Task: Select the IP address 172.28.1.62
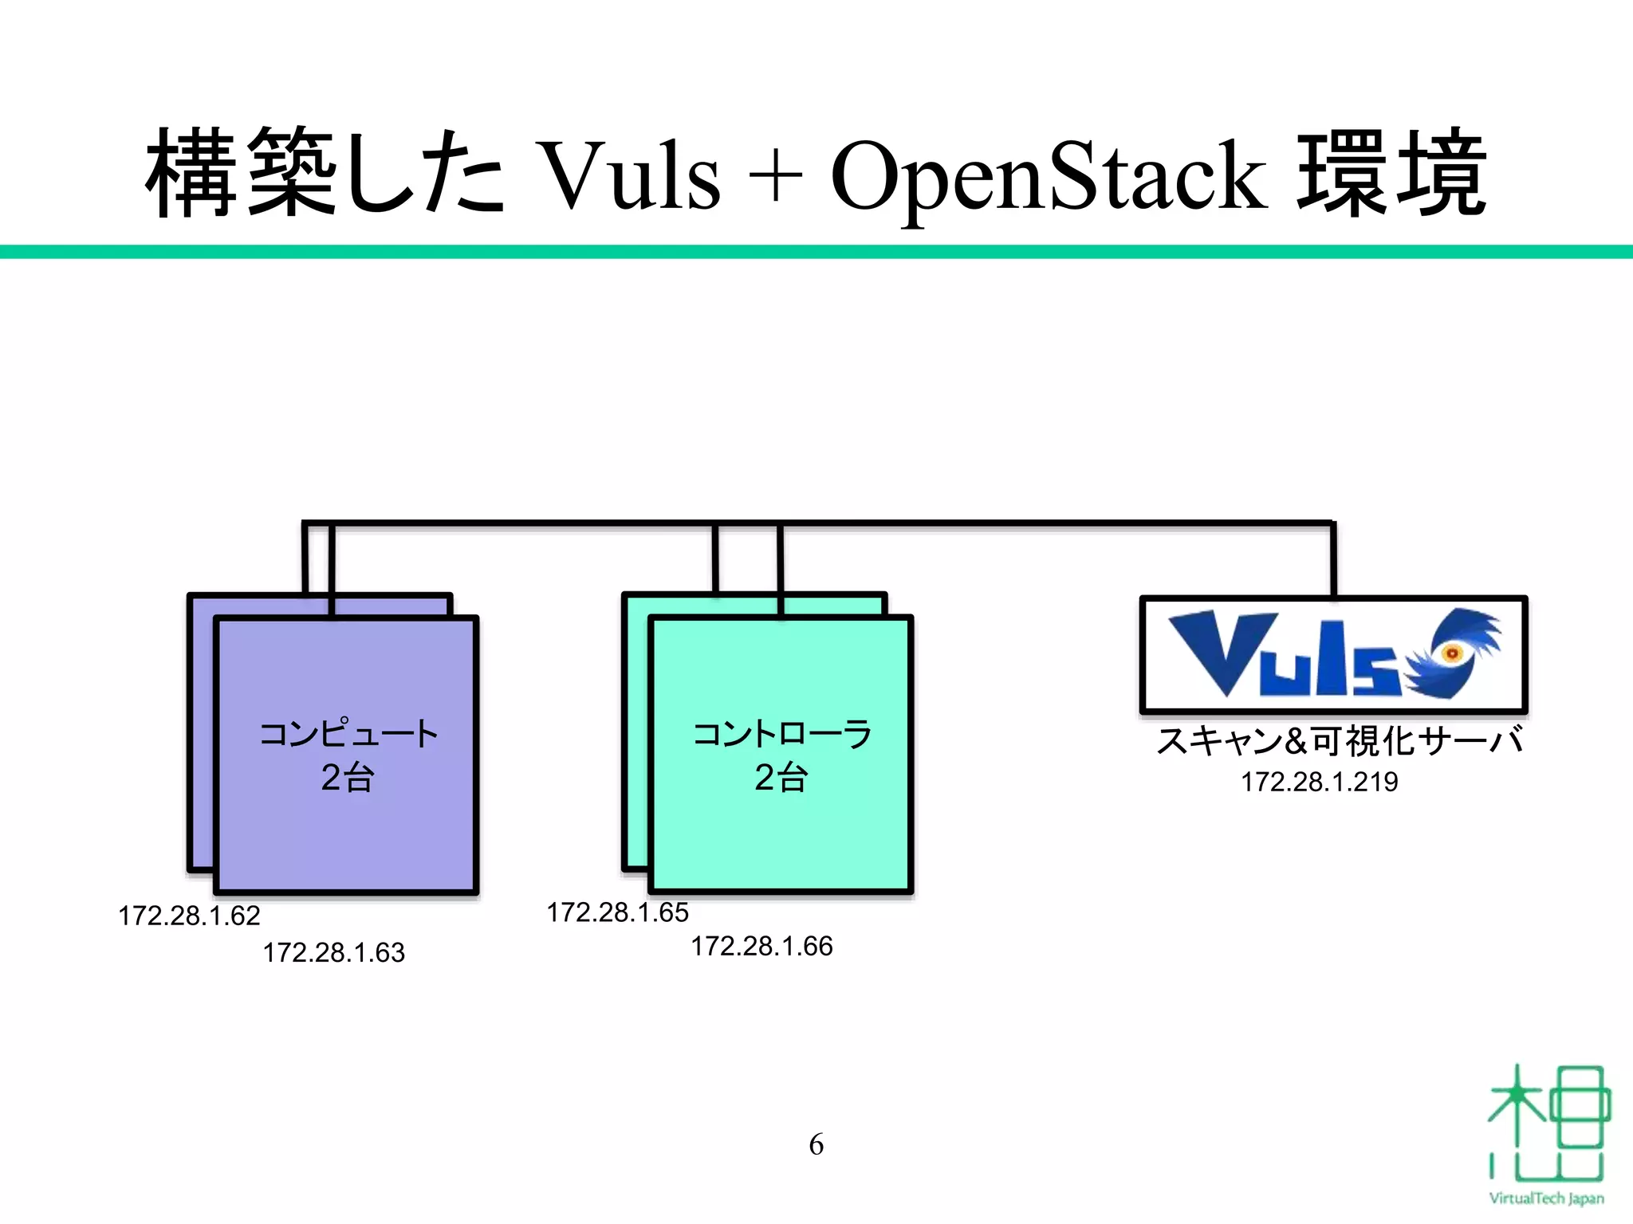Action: (x=189, y=916)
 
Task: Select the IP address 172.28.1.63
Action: (x=334, y=952)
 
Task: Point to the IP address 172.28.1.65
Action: (x=617, y=912)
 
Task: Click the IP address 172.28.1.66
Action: (x=761, y=946)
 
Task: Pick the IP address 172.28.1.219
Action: (x=1319, y=782)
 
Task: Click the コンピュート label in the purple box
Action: (x=348, y=734)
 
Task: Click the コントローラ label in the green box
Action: (x=781, y=734)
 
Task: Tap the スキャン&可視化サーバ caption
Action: (x=1339, y=741)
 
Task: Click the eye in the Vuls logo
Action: (x=1452, y=653)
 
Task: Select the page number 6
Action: (x=816, y=1144)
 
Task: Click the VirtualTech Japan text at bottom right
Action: (x=1546, y=1198)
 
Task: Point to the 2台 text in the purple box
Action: (x=348, y=777)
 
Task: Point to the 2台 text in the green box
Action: (x=781, y=777)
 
